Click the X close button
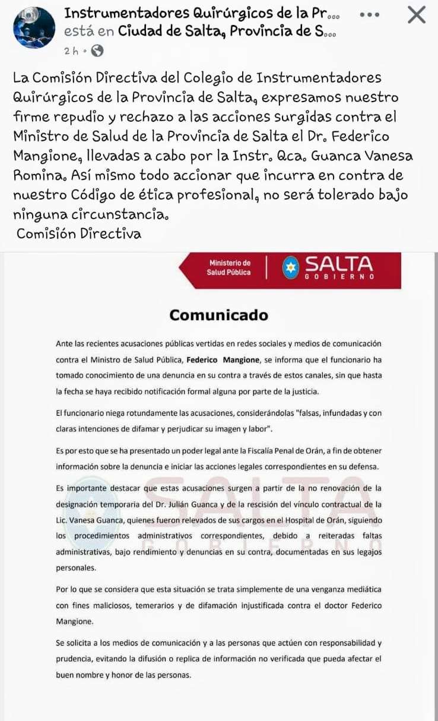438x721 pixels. coord(417,15)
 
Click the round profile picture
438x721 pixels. coord(34,27)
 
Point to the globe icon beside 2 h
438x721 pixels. coord(98,51)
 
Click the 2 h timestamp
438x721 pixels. coord(71,51)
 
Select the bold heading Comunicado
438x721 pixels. coord(218,315)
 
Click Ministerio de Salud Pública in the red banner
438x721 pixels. coord(229,267)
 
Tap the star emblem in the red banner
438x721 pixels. coord(290,267)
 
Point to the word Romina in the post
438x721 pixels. coord(36,175)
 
